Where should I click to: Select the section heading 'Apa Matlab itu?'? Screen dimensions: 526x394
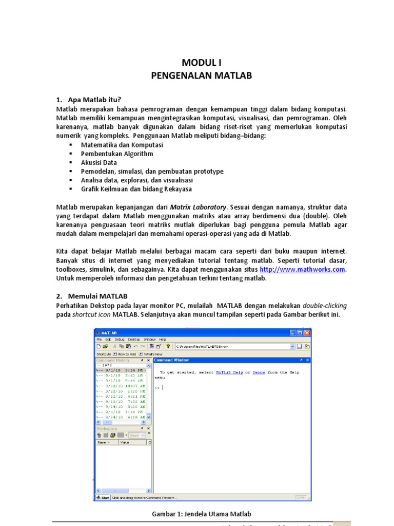[94, 100]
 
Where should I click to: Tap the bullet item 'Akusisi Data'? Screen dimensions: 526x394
[99, 162]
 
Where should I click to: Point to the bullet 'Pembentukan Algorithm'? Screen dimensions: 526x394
[117, 154]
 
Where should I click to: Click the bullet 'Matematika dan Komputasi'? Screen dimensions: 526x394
[122, 145]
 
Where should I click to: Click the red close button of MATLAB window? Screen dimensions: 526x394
[307, 333]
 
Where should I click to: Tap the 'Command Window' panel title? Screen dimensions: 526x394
[172, 361]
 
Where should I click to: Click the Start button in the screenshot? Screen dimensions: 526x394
[103, 497]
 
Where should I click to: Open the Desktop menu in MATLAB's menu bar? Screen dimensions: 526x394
[133, 340]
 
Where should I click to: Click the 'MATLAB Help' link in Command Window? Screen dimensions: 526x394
[229, 372]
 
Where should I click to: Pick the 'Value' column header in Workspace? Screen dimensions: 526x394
[125, 442]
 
